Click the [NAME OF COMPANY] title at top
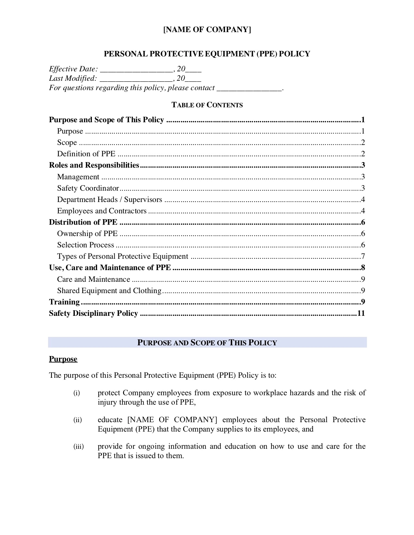pyautogui.click(x=207, y=30)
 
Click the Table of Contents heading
pyautogui.click(x=207, y=105)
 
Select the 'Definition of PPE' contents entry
pyautogui.click(x=86, y=154)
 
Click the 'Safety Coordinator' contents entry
pyautogui.click(x=88, y=188)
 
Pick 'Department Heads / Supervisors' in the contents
pyautogui.click(x=109, y=200)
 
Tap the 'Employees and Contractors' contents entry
pyautogui.click(x=102, y=211)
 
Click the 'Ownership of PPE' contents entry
pyautogui.click(x=87, y=234)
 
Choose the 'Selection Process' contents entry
pyautogui.click(x=85, y=245)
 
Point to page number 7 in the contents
pyautogui.click(x=363, y=256)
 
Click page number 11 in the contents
pyautogui.click(x=361, y=314)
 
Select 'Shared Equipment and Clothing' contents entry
pyautogui.click(x=109, y=291)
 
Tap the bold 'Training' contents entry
pyautogui.click(x=64, y=302)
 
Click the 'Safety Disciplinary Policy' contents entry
pyautogui.click(x=94, y=314)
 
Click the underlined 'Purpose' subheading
pyautogui.click(x=63, y=359)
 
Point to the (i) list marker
pyautogui.click(x=76, y=393)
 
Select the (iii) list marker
pyautogui.click(x=78, y=447)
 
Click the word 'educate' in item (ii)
pyautogui.click(x=110, y=420)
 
